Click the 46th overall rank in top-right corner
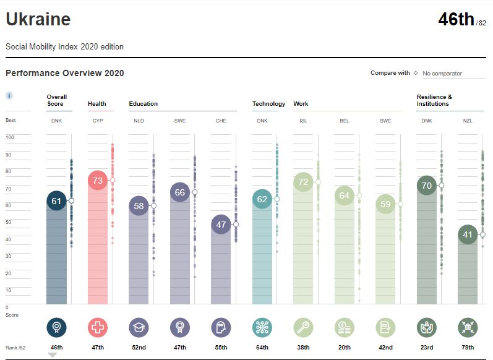point(456,20)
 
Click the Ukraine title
point(38,20)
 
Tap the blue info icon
point(9,96)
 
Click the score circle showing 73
point(98,181)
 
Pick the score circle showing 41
point(468,234)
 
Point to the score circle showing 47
point(221,225)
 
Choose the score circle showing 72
point(303,182)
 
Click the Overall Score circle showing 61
point(56,201)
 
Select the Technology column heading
point(268,104)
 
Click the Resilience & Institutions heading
point(434,100)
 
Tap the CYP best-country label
point(98,121)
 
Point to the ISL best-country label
point(303,121)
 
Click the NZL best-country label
point(468,121)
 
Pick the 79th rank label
point(468,348)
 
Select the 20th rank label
point(344,348)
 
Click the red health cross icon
point(98,327)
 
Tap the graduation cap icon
point(139,327)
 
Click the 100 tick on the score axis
point(9,137)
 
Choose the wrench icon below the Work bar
point(303,327)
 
